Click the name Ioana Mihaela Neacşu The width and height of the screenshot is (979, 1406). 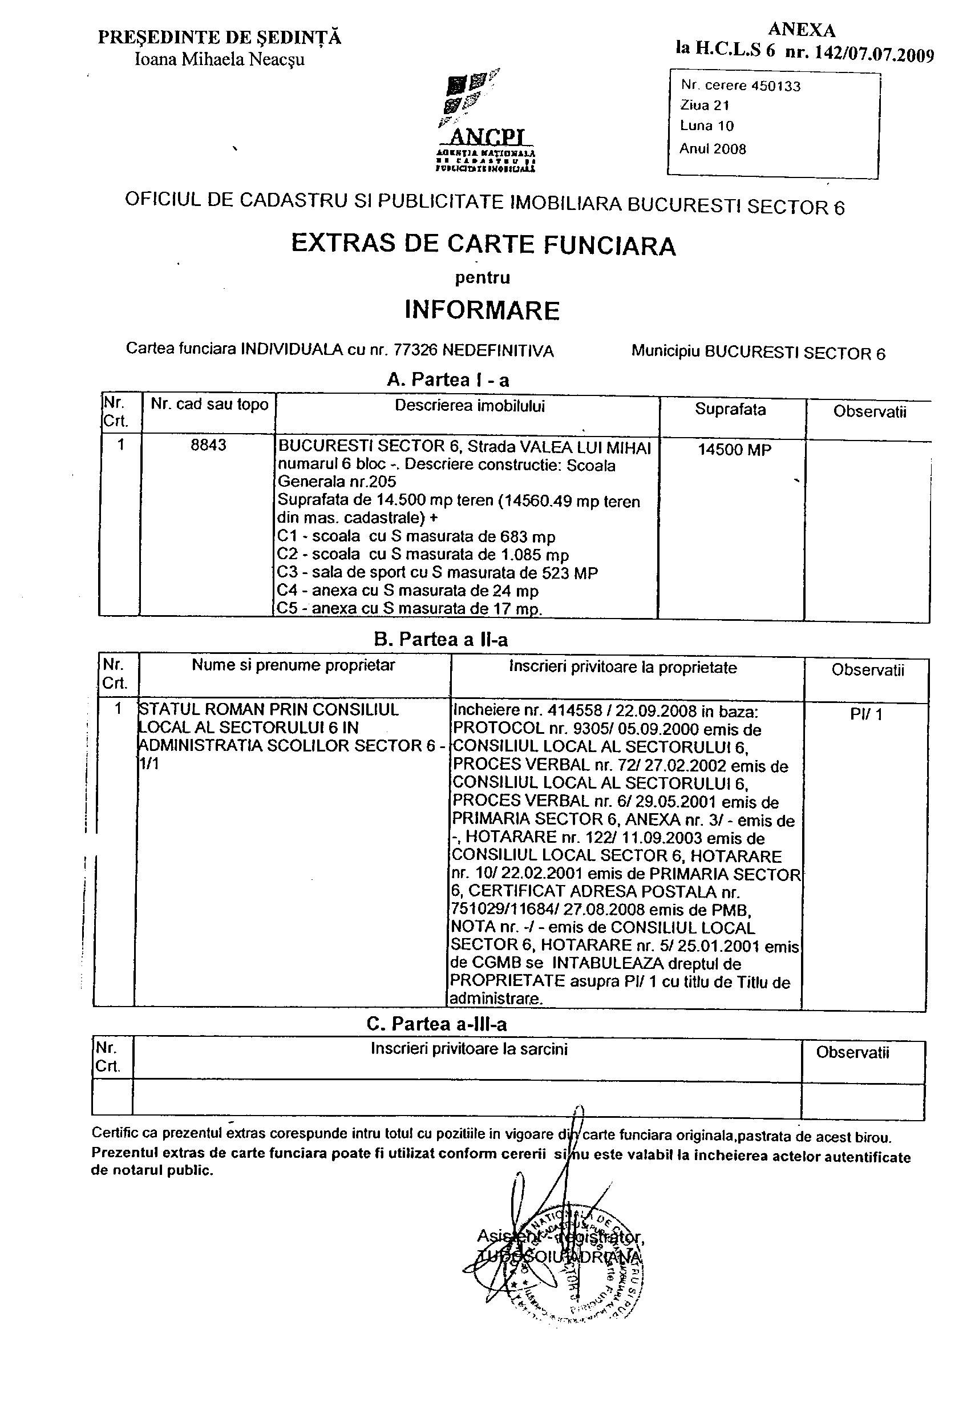(x=219, y=60)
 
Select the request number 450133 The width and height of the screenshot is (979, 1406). (x=775, y=86)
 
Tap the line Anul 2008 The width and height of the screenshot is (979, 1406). (x=713, y=149)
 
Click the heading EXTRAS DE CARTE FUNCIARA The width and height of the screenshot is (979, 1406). (x=483, y=245)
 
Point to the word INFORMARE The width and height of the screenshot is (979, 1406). (x=482, y=310)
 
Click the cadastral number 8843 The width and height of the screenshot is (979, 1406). (x=208, y=445)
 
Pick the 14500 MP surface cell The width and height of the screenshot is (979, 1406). (x=734, y=450)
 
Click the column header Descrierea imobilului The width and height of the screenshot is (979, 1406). (x=469, y=406)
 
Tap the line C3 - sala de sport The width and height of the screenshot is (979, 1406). (x=437, y=572)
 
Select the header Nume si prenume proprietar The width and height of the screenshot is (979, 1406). (x=293, y=665)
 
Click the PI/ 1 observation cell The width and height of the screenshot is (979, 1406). (x=865, y=714)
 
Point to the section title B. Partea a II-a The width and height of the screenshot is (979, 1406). (x=441, y=640)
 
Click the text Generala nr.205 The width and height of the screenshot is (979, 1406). (x=337, y=482)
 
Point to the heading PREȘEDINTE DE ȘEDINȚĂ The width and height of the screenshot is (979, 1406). (x=219, y=38)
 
